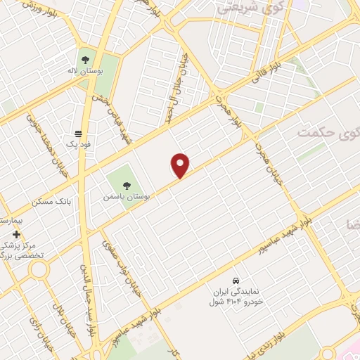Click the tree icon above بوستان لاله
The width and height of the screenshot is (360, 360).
[86, 59]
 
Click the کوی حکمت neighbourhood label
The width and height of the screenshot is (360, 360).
[328, 131]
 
